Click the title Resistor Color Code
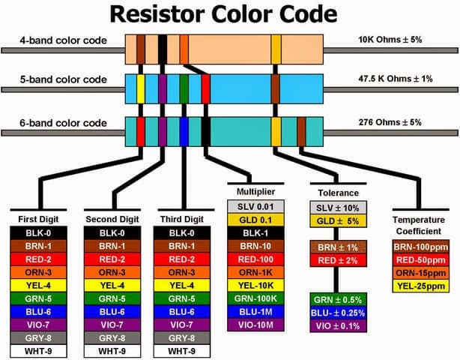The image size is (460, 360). (x=230, y=14)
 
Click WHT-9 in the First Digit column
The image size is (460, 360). (x=39, y=350)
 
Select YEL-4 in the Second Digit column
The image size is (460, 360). (x=112, y=285)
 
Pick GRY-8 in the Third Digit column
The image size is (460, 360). (x=184, y=337)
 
